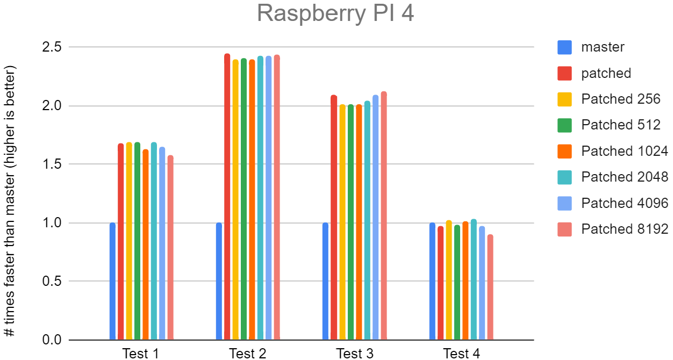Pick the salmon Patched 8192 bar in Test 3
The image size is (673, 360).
pos(383,215)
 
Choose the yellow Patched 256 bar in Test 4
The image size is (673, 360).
pos(449,280)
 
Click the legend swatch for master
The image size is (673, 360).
pos(565,47)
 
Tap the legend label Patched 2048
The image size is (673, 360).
pos(625,177)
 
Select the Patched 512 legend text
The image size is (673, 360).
pos(621,125)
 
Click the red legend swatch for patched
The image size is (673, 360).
pos(565,73)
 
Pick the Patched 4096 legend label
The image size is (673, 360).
pos(625,203)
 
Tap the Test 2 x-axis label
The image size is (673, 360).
pos(247,353)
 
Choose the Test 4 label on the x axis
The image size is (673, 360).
pos(461,353)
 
